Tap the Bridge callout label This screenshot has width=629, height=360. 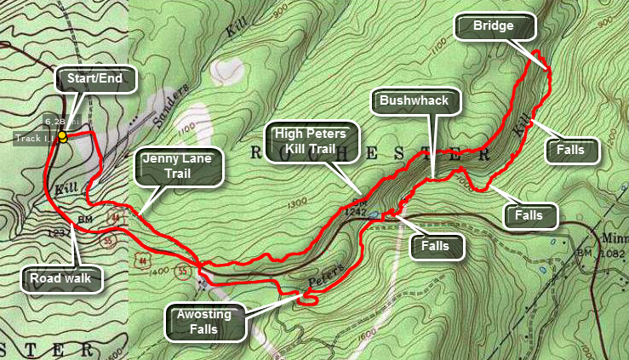[x=495, y=26]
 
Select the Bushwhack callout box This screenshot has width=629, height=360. [x=414, y=101]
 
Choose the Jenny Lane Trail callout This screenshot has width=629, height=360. [x=178, y=166]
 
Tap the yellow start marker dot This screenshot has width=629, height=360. [x=62, y=136]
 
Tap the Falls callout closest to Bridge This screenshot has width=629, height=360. [x=571, y=150]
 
